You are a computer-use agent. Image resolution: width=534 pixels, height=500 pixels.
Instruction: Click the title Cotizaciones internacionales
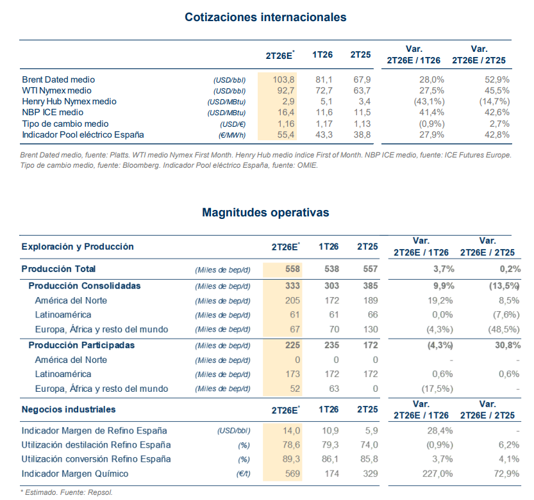265,17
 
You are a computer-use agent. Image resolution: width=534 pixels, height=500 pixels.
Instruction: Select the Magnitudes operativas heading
265,213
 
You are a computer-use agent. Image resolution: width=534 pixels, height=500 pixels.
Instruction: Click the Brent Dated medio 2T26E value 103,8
283,79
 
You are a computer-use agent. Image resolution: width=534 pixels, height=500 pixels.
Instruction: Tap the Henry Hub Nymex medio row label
69,101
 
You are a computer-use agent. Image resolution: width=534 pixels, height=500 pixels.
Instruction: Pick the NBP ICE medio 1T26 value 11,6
324,112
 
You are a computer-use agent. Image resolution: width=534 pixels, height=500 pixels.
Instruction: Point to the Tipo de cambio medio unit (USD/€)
233,124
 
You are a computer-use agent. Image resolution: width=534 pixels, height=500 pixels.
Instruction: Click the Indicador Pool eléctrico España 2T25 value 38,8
362,134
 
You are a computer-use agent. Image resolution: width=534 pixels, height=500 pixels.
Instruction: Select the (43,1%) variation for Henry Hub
430,101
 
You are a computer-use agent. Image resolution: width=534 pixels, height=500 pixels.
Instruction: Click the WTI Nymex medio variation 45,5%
497,90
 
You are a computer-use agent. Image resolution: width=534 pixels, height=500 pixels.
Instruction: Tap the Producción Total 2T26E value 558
292,269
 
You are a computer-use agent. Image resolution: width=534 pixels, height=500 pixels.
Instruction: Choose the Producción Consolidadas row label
85,286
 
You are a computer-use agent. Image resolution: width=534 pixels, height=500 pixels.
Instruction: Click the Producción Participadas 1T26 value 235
331,345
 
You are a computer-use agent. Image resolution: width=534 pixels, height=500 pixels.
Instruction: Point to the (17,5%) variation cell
437,389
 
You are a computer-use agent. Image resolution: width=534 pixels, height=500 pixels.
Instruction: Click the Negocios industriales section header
69,409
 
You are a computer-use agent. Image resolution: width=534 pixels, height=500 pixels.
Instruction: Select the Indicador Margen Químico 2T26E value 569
292,474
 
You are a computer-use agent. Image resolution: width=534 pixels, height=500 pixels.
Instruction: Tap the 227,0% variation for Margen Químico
438,474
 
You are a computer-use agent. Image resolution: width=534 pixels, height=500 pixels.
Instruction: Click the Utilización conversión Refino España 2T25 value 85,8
369,459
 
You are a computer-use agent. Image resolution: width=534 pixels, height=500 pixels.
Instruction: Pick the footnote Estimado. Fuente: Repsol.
67,492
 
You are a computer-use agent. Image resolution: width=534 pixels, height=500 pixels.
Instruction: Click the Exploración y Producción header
78,246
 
